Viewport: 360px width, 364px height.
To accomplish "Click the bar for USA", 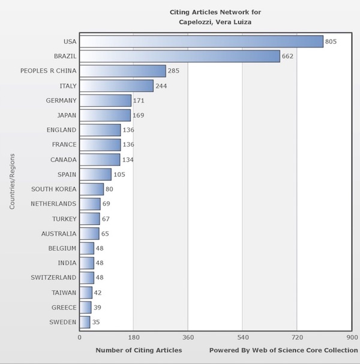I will coord(201,41).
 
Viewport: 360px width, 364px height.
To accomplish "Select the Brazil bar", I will coord(179,56).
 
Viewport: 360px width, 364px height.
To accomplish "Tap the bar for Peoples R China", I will coord(122,71).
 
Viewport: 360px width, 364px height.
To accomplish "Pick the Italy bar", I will coord(116,86).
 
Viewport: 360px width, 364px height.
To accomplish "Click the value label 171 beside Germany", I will coord(139,100).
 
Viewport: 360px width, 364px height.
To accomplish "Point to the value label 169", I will coord(139,115).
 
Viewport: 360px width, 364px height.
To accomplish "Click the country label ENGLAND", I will coord(61,130).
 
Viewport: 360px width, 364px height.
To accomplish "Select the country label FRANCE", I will coord(63,145).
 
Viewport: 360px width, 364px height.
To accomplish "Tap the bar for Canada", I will coord(100,160).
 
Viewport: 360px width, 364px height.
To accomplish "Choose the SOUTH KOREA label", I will coord(54,189).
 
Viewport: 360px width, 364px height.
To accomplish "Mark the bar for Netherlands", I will coord(90,204).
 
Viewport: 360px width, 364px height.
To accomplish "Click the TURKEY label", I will coord(64,219).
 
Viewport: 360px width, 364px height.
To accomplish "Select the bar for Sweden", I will coord(85,322).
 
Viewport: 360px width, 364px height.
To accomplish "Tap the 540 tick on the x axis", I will coord(243,337).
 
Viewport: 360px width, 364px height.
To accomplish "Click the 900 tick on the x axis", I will coord(352,337).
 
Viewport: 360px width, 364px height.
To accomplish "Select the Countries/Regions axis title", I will coord(12,182).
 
